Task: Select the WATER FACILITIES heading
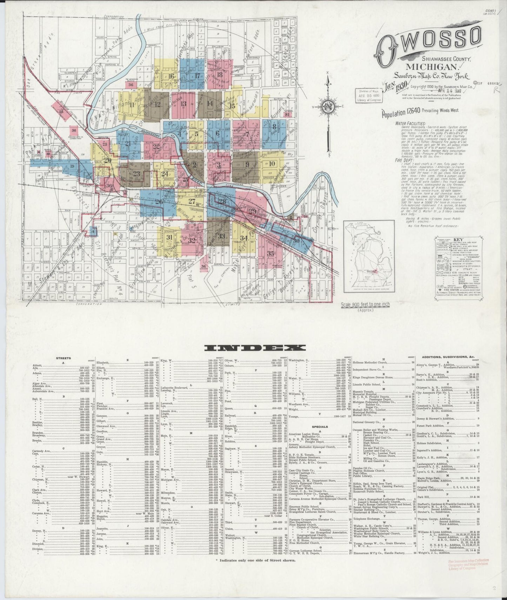411,124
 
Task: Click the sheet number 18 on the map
220,74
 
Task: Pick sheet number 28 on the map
222,201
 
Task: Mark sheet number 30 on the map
297,241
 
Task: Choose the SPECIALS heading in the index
319,427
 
